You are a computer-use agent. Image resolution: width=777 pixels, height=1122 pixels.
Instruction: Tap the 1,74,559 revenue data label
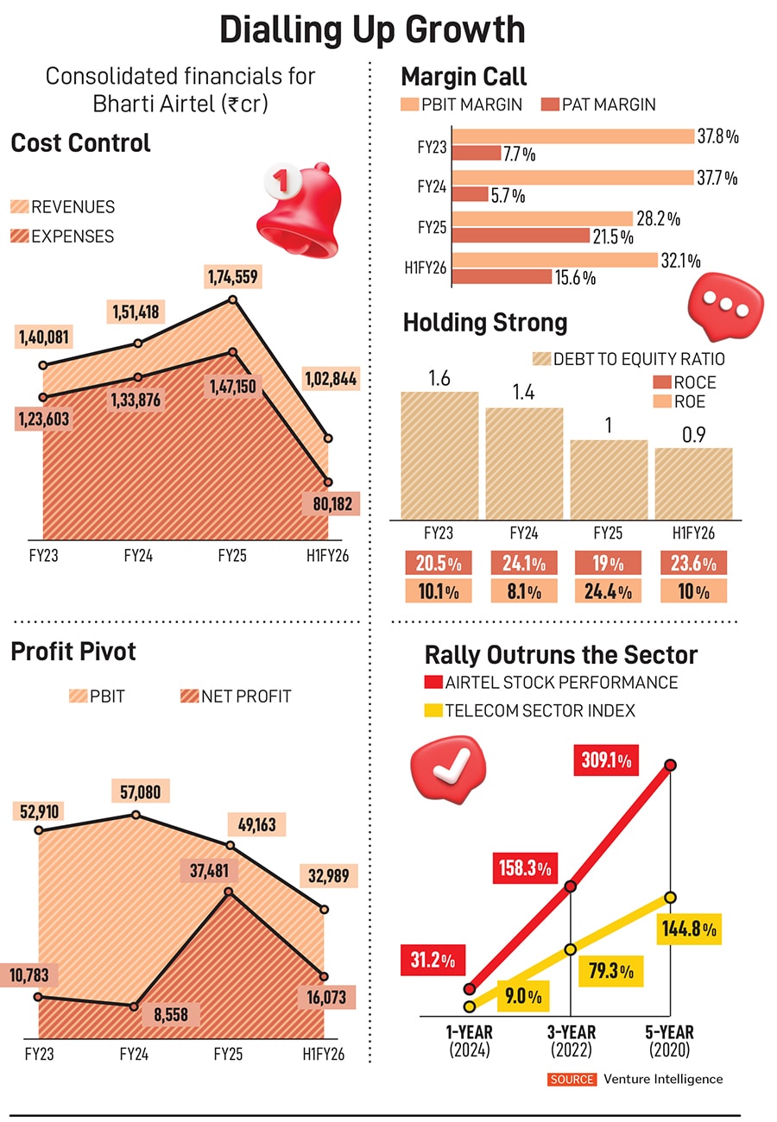coord(232,277)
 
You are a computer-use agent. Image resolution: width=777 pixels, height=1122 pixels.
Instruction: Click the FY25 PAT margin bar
coord(521,236)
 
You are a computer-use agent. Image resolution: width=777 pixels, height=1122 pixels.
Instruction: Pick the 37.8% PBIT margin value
coord(718,136)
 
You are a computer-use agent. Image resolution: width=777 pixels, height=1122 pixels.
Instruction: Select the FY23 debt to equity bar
coord(439,455)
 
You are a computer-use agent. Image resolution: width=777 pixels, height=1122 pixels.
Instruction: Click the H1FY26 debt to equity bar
coord(693,483)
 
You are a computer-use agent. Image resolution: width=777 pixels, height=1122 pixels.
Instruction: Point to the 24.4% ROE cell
coord(609,591)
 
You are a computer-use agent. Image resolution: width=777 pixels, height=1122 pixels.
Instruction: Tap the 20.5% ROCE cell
coord(439,564)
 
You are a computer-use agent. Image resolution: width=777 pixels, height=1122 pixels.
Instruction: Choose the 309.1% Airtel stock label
coord(607,761)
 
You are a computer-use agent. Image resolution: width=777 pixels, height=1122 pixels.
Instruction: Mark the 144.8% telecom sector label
coord(688,930)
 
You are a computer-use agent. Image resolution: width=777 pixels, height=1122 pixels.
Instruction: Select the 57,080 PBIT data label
coord(140,791)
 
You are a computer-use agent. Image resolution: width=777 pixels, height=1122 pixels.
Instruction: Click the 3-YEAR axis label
coord(572,1032)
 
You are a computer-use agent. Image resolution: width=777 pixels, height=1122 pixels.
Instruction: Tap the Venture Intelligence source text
coord(662,1079)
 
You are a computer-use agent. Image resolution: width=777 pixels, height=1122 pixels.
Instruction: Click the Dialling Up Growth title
coord(372,30)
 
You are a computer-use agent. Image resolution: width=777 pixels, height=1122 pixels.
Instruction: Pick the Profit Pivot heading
coord(73,651)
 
